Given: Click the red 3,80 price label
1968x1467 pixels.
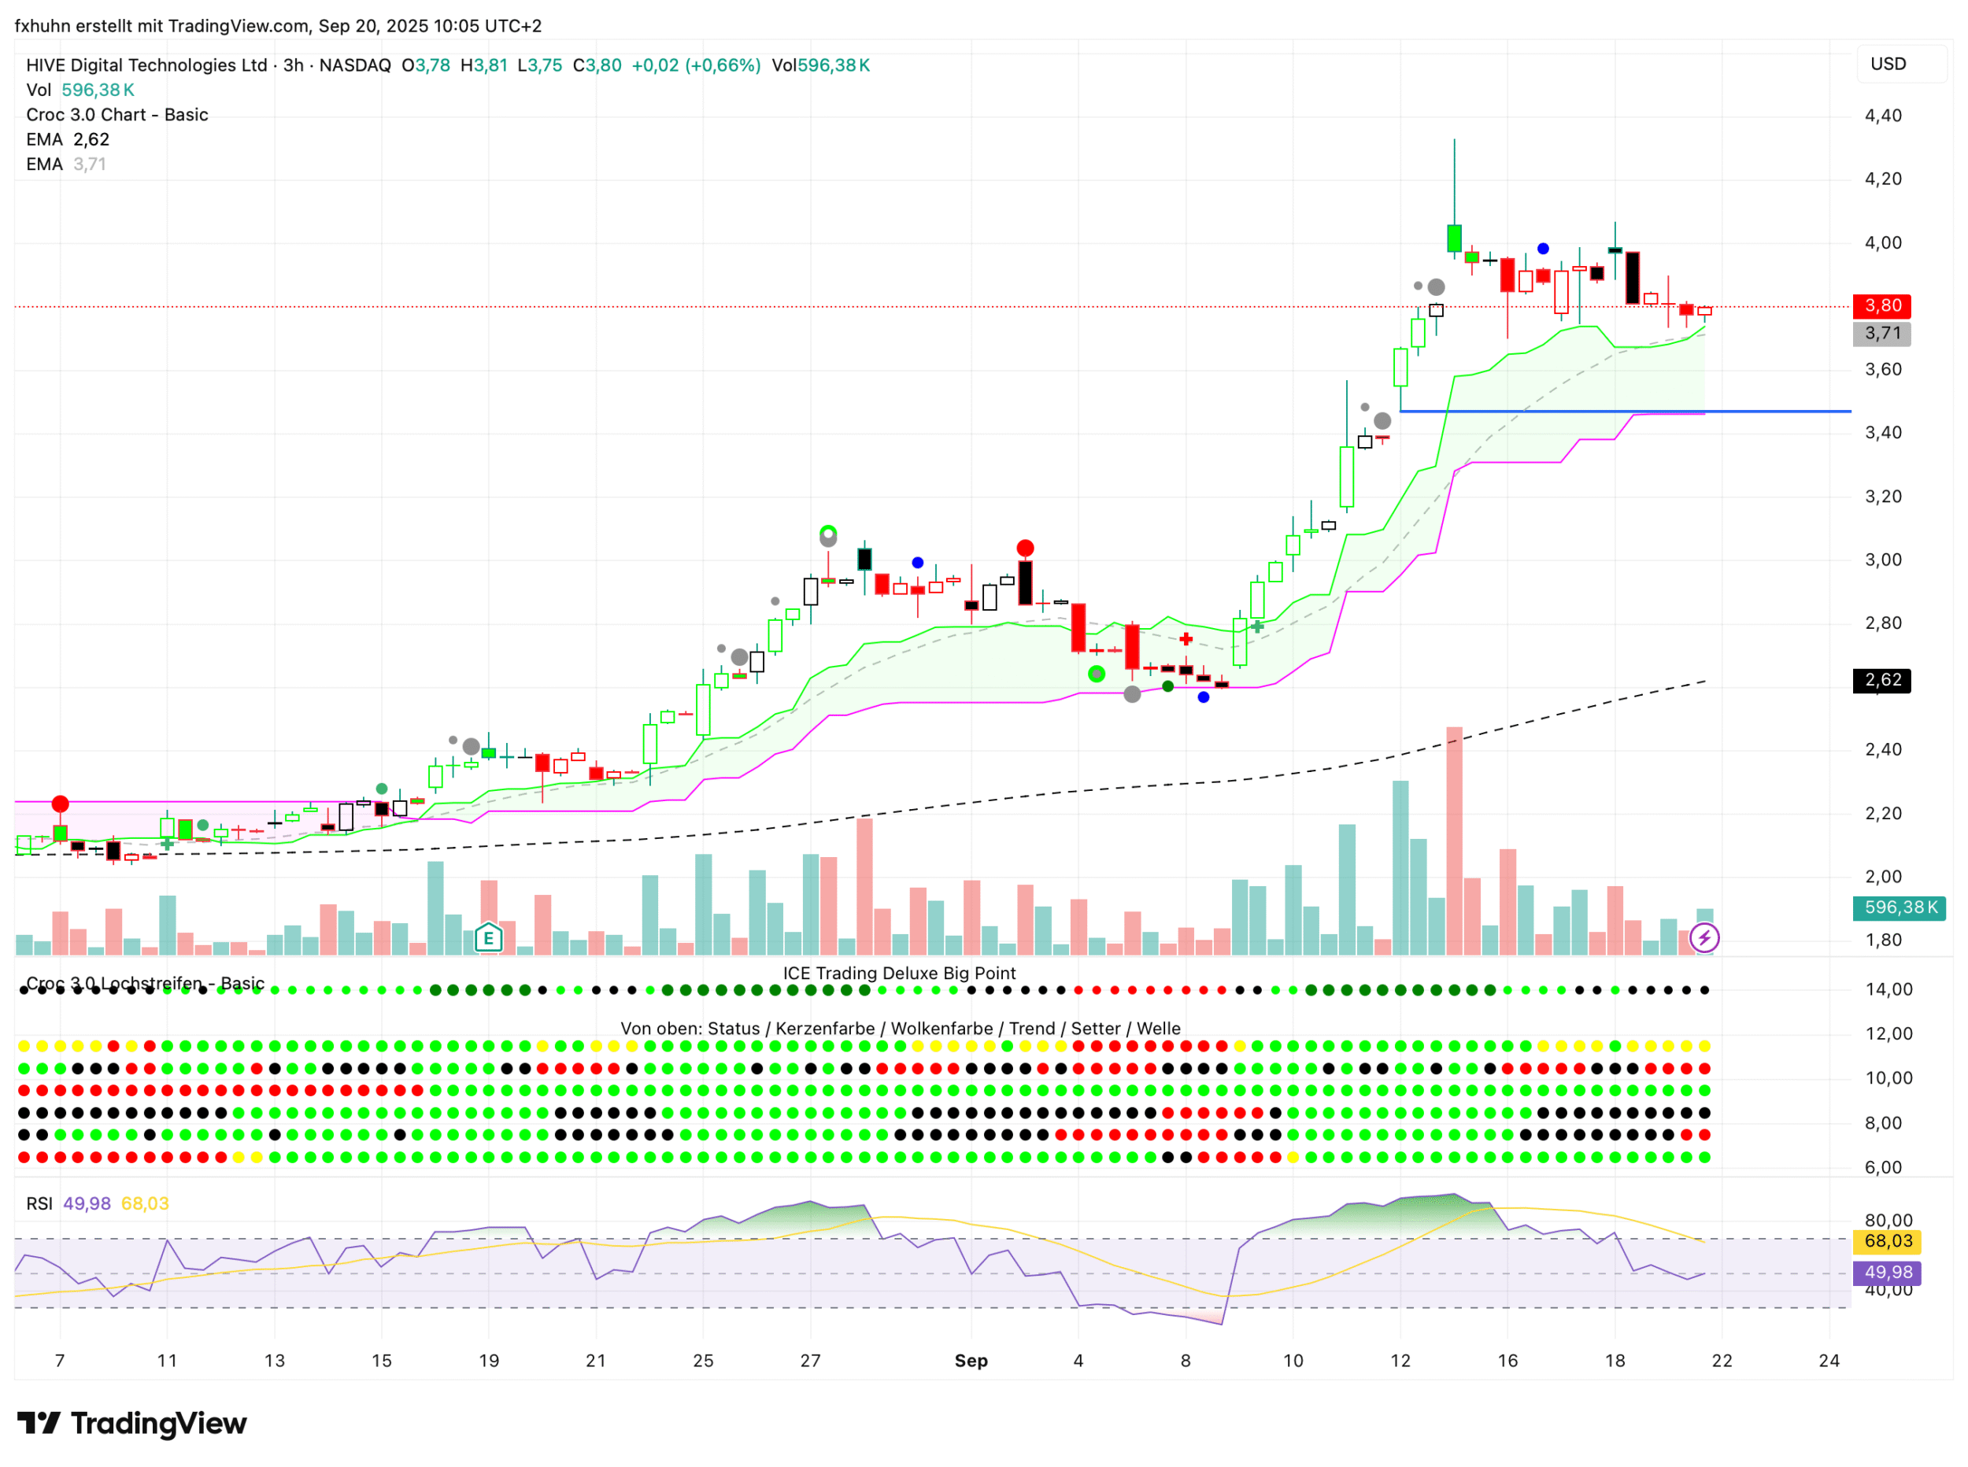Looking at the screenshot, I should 1881,306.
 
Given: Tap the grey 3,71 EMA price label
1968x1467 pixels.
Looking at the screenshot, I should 1881,334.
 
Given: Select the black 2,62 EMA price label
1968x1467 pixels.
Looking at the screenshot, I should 1881,680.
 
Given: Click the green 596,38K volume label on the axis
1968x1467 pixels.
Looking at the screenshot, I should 1899,907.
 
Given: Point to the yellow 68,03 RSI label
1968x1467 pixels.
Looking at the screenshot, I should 1886,1241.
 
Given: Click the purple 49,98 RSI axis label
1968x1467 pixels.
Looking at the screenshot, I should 1886,1273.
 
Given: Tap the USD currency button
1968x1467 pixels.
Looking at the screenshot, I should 1887,64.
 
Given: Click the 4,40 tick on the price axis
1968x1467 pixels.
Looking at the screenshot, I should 1883,116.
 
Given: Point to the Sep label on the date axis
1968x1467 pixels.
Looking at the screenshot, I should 971,1361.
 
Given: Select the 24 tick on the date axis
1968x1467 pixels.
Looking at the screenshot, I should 1829,1361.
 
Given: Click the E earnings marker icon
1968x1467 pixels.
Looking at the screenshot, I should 488,938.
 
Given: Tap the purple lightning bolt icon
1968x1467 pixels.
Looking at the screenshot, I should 1704,938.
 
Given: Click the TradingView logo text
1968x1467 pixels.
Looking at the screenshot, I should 158,1424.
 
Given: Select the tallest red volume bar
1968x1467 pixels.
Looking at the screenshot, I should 1454,839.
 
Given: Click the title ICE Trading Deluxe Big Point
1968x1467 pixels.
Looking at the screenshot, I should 899,974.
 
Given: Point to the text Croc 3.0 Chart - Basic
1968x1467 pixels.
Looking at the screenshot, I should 117,115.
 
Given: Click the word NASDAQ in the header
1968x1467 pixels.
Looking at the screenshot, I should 354,65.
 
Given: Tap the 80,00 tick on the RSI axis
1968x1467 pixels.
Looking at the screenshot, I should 1888,1220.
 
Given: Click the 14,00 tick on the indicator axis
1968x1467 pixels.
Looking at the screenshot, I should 1888,989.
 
